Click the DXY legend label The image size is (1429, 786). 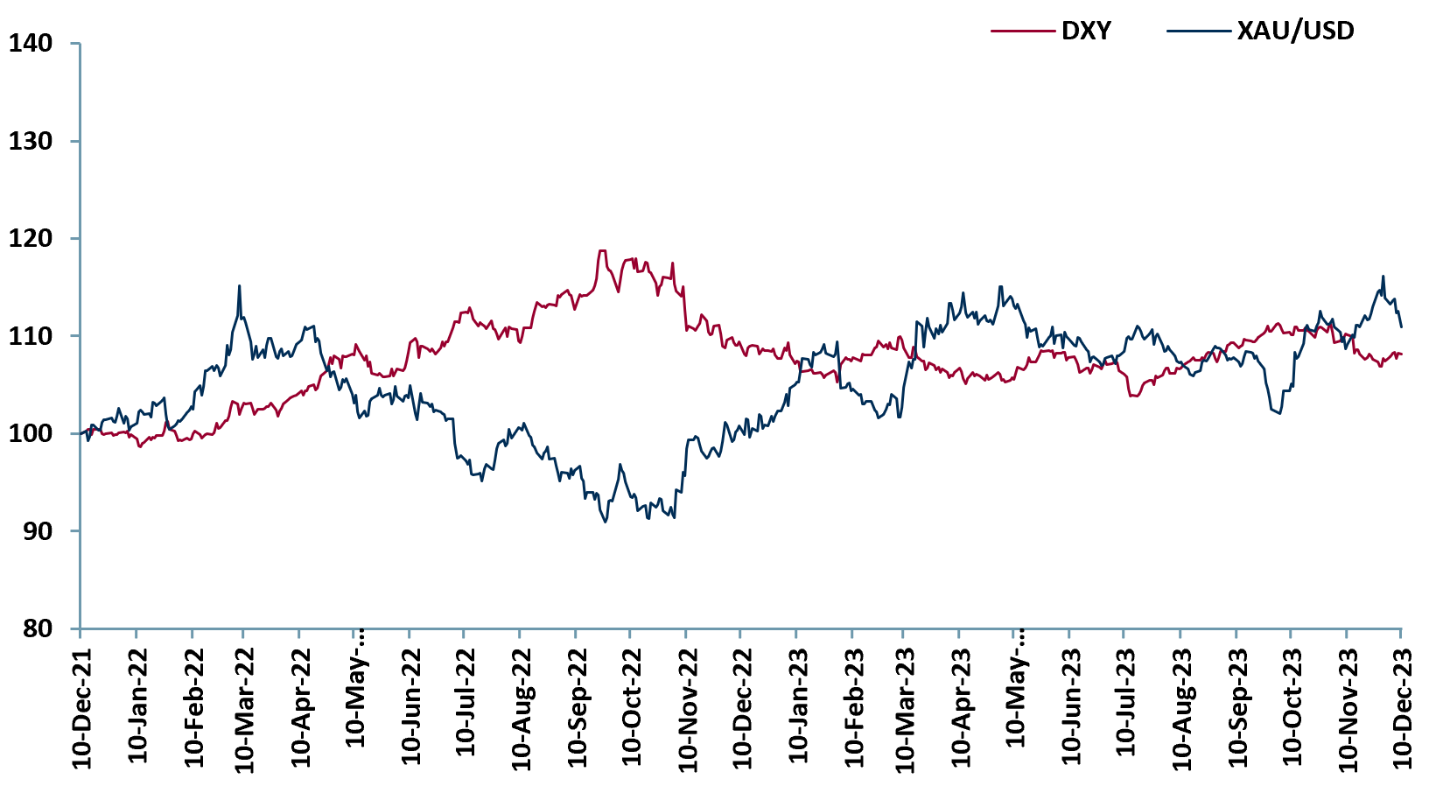1086,32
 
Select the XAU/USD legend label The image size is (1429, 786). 1295,32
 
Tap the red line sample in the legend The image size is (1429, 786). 1021,32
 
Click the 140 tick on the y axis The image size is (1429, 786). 31,43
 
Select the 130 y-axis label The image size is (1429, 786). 31,141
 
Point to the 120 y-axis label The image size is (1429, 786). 31,238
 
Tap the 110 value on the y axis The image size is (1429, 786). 31,336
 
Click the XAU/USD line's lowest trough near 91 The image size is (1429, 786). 605,523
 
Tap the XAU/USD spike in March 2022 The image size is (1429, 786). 239,286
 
